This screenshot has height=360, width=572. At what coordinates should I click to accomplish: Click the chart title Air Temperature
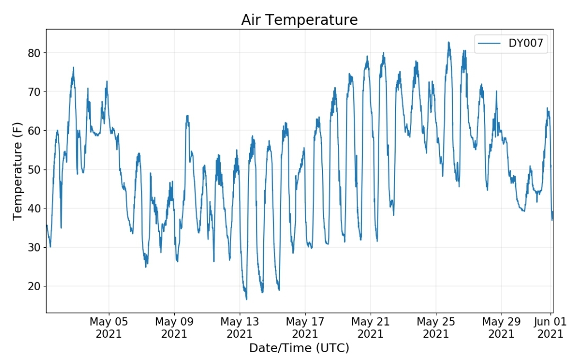(x=299, y=20)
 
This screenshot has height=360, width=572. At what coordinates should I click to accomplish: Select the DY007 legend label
(x=526, y=43)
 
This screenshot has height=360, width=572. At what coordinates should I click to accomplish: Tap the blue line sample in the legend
(x=489, y=43)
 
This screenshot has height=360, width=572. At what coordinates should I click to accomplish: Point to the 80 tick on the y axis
(x=34, y=53)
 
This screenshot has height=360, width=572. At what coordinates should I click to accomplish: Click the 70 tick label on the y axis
(x=34, y=92)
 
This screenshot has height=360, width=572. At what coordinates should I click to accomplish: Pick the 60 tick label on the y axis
(x=34, y=131)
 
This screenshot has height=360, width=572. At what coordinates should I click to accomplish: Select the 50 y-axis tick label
(x=34, y=169)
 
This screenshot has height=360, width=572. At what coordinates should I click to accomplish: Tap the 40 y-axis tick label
(x=34, y=209)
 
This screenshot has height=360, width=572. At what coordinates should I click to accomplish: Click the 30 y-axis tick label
(x=34, y=247)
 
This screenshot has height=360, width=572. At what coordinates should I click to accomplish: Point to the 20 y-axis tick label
(x=34, y=286)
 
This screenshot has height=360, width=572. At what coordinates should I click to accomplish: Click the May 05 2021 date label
(x=109, y=328)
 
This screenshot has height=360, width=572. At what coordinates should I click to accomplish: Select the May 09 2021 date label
(x=174, y=328)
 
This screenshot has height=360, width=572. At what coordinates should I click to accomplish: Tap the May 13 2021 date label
(x=240, y=328)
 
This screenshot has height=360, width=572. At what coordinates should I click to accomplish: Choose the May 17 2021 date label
(x=305, y=328)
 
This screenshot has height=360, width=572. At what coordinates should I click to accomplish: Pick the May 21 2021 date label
(x=371, y=328)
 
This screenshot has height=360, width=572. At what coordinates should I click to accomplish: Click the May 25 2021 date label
(x=436, y=328)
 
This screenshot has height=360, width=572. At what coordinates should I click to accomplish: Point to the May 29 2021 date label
(x=501, y=328)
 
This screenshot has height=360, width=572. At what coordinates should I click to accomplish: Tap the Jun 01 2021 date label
(x=550, y=328)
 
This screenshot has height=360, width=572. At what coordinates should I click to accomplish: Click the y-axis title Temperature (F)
(x=17, y=171)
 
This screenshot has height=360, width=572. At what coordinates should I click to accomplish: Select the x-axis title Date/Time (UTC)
(x=299, y=348)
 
